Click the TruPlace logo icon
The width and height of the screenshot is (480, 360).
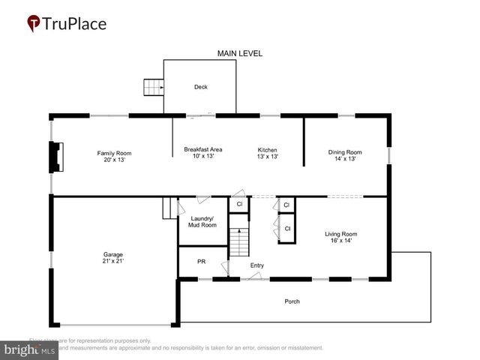(x=34, y=24)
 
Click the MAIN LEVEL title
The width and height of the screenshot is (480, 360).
(x=240, y=53)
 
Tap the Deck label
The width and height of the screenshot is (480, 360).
(x=200, y=87)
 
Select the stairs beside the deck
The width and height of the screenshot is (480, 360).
(x=154, y=88)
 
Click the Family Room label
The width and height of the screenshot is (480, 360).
(x=114, y=153)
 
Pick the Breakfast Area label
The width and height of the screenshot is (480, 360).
(x=202, y=149)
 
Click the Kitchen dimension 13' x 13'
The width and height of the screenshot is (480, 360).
(x=268, y=157)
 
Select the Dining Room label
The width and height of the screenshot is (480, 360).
(x=345, y=153)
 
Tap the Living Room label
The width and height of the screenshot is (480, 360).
(x=340, y=233)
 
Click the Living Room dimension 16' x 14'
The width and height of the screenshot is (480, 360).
(x=340, y=241)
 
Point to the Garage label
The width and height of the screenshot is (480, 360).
(x=113, y=254)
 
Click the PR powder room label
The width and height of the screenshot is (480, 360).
(x=201, y=262)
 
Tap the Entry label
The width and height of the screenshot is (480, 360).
(x=257, y=265)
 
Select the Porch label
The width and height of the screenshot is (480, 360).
(x=292, y=301)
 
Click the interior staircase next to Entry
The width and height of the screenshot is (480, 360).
(x=238, y=240)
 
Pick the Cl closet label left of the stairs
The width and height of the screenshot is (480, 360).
(x=239, y=204)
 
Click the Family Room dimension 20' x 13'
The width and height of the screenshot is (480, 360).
(x=114, y=160)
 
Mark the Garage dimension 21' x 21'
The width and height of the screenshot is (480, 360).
(x=113, y=261)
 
